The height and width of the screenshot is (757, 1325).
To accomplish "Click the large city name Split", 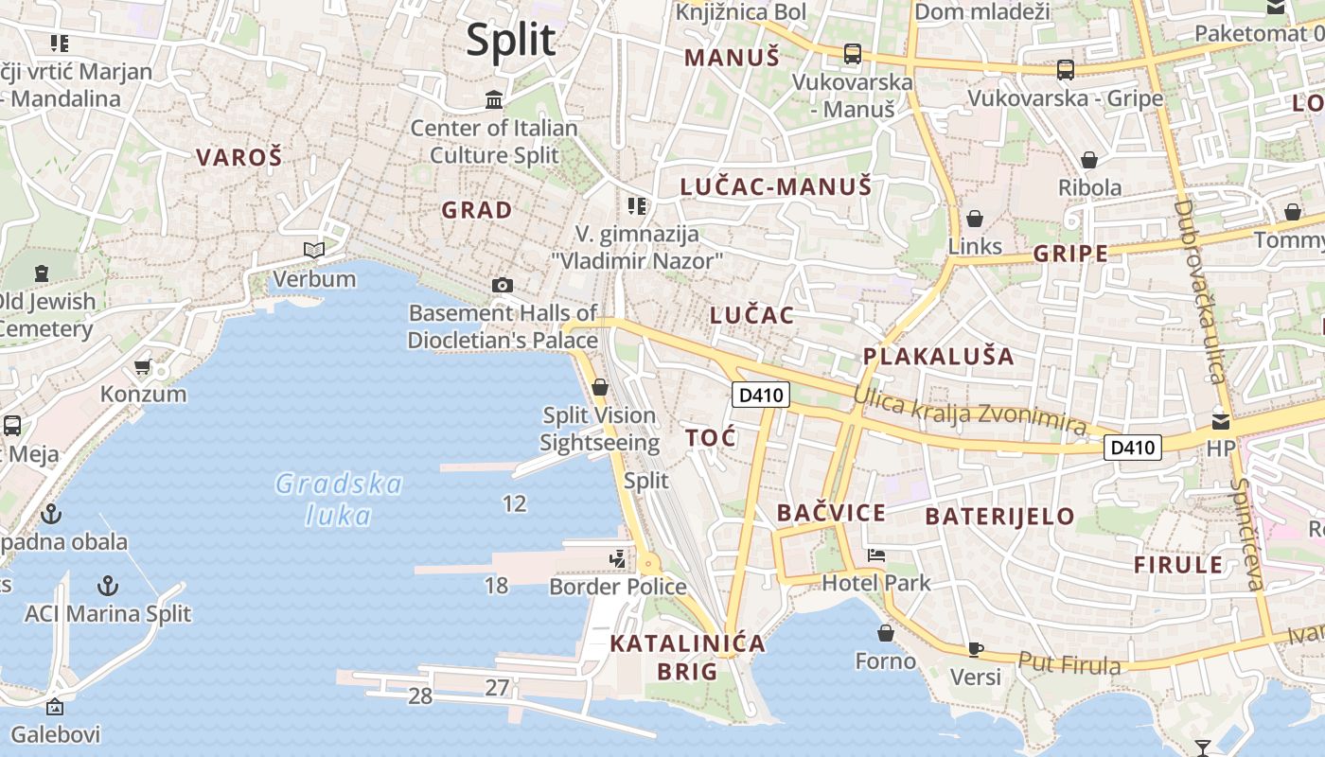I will (x=511, y=40).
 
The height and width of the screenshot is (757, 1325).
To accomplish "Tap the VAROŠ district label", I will (x=239, y=157).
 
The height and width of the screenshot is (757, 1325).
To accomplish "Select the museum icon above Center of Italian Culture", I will (x=493, y=99).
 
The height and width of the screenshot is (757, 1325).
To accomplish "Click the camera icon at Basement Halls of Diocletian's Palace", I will (x=503, y=285).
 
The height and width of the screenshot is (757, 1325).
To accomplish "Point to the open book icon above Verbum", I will (x=314, y=250).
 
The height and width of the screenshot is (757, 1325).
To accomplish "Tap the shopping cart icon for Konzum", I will (x=143, y=366).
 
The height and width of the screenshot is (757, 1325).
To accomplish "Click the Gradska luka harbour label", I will (x=339, y=499).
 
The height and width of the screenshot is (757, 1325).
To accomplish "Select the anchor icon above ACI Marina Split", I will (x=108, y=585).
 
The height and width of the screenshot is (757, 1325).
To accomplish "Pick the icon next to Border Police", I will (x=618, y=559).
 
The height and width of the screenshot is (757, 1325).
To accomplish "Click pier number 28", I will (x=420, y=696).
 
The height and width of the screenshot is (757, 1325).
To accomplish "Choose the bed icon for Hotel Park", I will (x=876, y=555).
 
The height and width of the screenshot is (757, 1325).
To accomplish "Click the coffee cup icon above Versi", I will (x=976, y=649).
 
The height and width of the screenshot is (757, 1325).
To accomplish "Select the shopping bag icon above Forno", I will (x=886, y=632).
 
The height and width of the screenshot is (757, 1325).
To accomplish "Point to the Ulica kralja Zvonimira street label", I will (x=970, y=413).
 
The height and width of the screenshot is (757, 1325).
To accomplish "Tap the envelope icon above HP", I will (x=1221, y=421).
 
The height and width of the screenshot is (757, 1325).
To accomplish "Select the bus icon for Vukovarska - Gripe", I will (x=1066, y=69).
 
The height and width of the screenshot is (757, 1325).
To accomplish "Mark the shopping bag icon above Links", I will (x=975, y=220).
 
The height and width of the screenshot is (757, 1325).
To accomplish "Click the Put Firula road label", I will (x=1069, y=662).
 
